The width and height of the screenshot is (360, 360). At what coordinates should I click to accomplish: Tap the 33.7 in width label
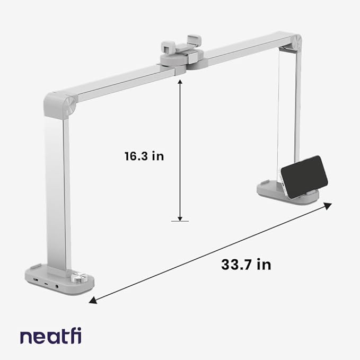pos(246,265)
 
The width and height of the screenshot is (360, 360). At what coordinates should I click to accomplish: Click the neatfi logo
pos(51,336)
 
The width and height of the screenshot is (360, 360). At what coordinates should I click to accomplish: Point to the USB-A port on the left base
pos(35,279)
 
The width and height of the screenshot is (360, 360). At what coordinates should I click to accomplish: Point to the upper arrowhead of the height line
pos(180,80)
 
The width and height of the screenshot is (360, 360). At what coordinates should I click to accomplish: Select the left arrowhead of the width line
pos(92,301)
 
